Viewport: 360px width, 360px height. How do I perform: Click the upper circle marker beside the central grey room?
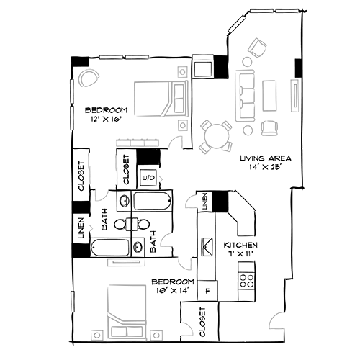coord(183,72)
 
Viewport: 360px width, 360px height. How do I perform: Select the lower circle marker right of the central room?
coord(183,125)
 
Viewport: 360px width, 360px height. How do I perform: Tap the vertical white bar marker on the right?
coord(294,96)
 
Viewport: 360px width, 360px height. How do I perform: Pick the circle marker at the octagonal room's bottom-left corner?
coord(96,335)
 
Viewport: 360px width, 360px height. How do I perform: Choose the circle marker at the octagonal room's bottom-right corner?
coord(156,335)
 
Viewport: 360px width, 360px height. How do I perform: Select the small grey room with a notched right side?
coord(170,239)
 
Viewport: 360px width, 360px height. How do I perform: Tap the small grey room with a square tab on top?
coord(184,264)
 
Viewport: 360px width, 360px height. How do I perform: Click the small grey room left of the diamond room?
coord(189,328)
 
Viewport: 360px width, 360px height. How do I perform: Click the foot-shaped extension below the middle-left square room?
coord(101,194)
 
